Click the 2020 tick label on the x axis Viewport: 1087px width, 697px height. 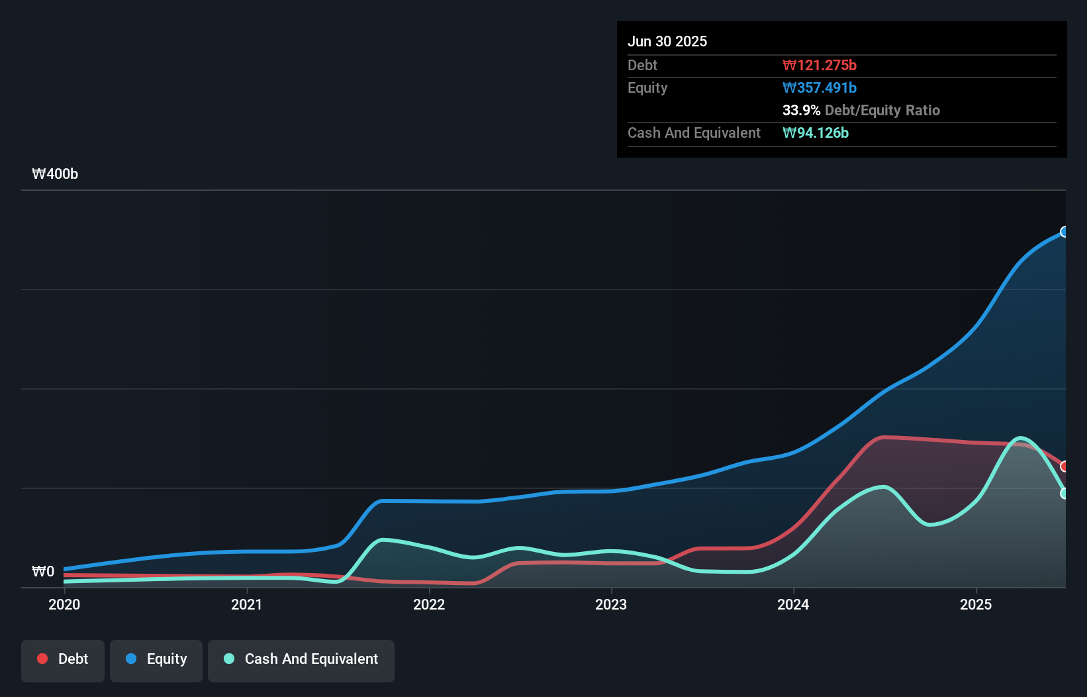point(64,604)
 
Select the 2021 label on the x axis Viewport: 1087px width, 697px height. point(246,604)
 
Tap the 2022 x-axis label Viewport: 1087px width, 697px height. point(429,604)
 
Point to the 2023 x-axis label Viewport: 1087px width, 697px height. point(611,604)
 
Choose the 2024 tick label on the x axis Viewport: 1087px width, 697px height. point(793,604)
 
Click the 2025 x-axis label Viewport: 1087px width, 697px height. point(976,604)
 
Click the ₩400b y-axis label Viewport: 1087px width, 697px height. point(55,174)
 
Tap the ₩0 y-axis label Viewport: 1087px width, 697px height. point(43,572)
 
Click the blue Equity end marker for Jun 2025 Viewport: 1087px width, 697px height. point(1064,232)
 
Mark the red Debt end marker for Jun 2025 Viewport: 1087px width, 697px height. point(1064,466)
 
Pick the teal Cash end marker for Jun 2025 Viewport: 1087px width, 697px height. point(1064,494)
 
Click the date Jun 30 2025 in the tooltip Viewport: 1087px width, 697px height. point(667,42)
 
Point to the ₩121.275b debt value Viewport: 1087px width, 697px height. point(820,66)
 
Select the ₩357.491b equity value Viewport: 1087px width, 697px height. point(820,88)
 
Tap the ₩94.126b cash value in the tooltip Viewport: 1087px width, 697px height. point(816,133)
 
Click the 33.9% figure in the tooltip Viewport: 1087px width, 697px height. point(801,111)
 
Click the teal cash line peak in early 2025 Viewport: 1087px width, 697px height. point(1020,438)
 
